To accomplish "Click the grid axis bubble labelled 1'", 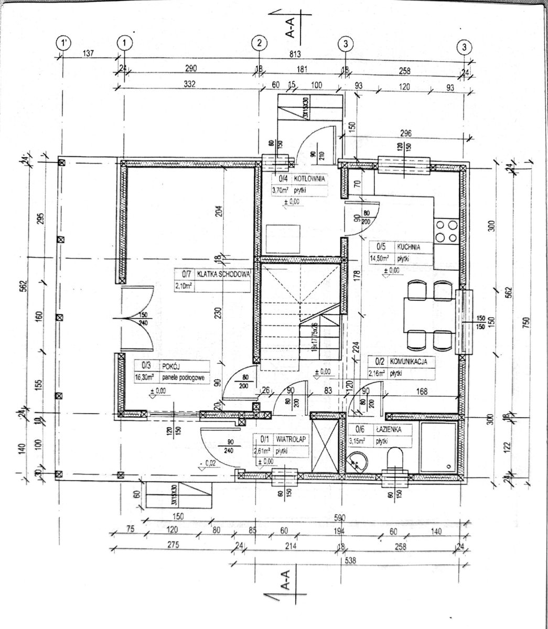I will pos(63,42).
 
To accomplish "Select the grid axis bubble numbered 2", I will pos(260,44).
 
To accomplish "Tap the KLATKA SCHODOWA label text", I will pos(224,274).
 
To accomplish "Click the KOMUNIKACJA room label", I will pos(410,361).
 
